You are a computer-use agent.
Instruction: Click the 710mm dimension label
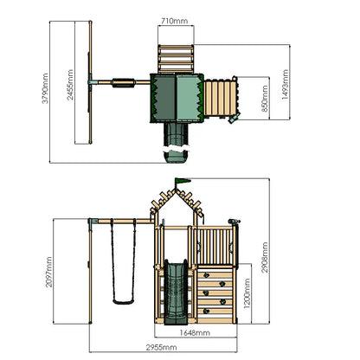(x=174, y=21)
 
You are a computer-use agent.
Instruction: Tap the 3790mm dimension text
(x=45, y=88)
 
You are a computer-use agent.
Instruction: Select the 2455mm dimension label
(x=70, y=85)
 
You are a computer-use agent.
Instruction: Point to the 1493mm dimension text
(x=285, y=85)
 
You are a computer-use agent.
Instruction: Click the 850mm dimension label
(x=265, y=98)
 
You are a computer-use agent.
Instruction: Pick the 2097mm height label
(x=49, y=272)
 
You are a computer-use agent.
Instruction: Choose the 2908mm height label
(x=265, y=257)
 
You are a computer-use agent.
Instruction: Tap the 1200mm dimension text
(x=247, y=293)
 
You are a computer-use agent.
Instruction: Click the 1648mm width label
(x=195, y=333)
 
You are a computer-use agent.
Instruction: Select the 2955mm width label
(x=161, y=347)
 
